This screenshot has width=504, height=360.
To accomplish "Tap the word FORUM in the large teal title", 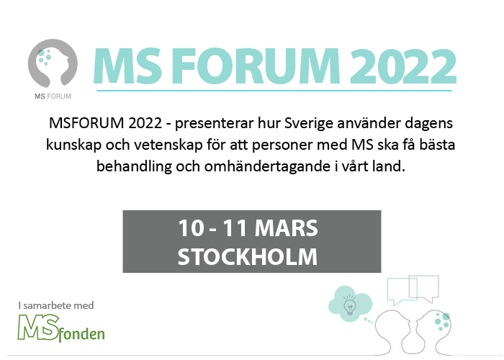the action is click(255, 66).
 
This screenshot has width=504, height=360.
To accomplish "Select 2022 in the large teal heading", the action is click(403, 66).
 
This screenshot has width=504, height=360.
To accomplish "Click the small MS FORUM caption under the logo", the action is click(53, 96).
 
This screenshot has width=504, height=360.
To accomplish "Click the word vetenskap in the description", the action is click(168, 145).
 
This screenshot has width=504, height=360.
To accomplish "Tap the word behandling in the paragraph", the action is click(135, 167).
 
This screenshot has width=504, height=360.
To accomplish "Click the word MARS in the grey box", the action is click(286, 228).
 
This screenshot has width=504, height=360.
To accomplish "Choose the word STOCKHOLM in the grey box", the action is click(248, 256).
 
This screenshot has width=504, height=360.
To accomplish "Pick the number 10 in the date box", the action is click(192, 228).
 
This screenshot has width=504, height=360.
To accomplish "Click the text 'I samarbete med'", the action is click(56, 305).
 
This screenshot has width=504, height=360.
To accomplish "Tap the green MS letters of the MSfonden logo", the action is click(39, 327).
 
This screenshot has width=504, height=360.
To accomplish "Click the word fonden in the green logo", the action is click(82, 334).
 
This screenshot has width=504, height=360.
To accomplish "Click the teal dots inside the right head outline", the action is click(442, 322).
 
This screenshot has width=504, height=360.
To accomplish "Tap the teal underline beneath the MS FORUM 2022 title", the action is click(274, 91).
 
